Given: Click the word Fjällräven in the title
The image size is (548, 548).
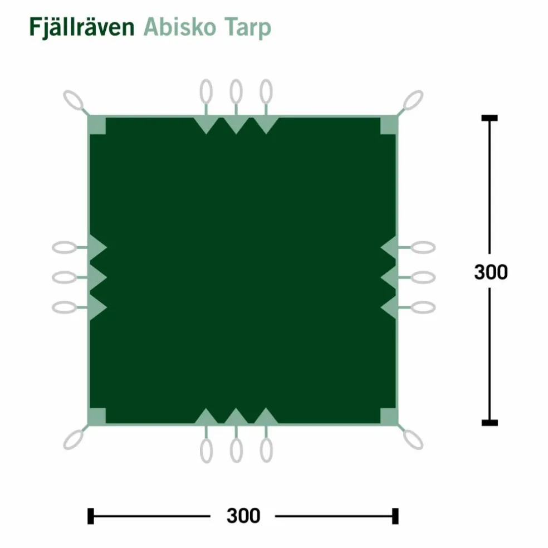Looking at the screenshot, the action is click(82, 27).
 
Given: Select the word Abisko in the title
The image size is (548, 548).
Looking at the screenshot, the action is click(180, 27).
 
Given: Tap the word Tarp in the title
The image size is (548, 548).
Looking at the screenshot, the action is click(248, 28).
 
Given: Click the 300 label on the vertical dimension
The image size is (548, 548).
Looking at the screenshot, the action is click(491, 272).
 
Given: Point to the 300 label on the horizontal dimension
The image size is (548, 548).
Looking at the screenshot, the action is click(243, 516).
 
